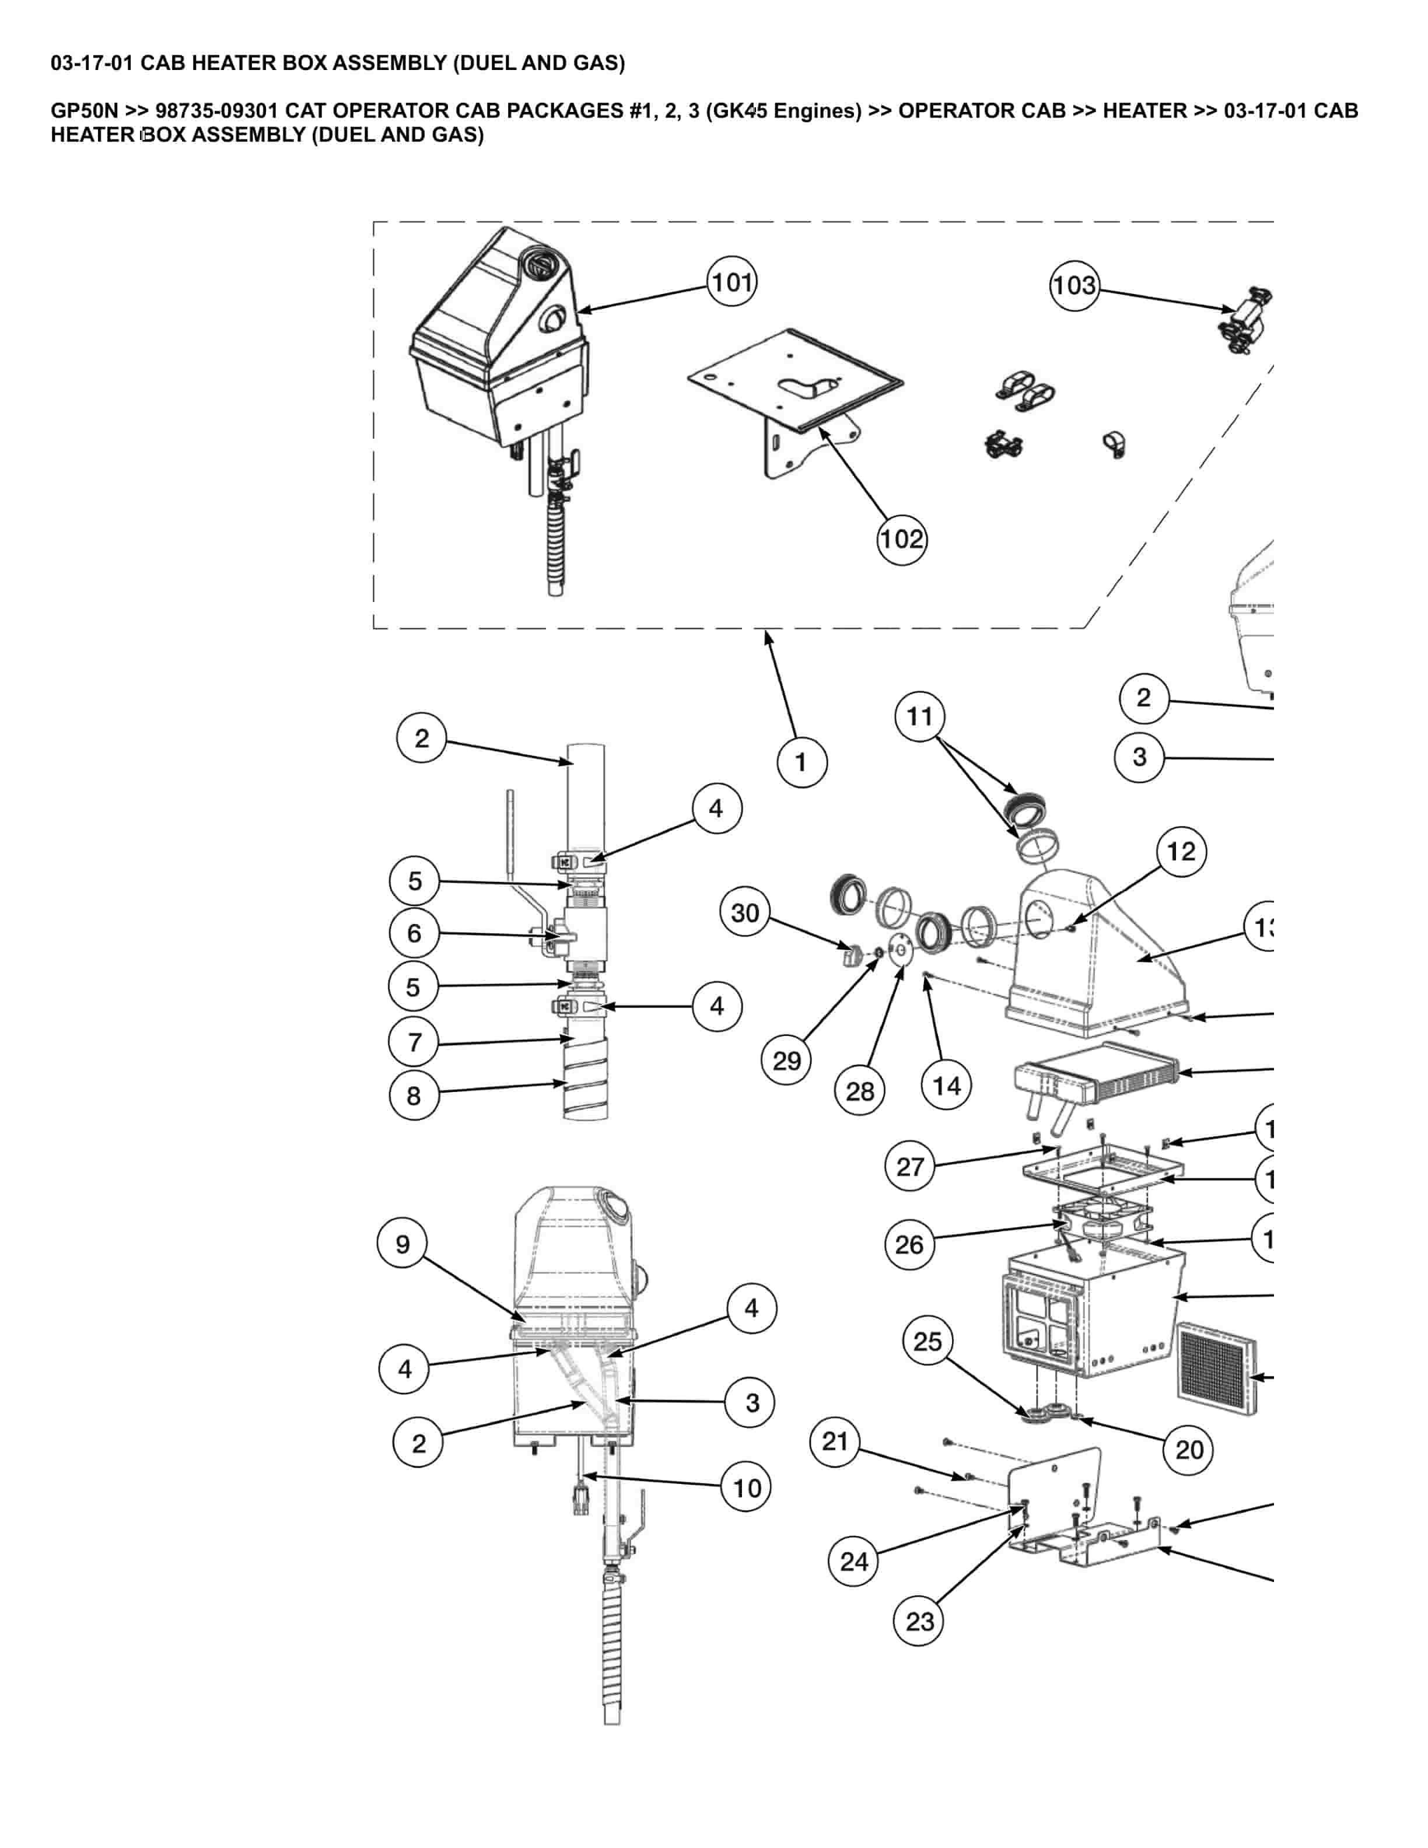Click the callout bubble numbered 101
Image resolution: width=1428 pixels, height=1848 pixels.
point(731,282)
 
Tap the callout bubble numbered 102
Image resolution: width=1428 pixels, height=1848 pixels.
point(901,539)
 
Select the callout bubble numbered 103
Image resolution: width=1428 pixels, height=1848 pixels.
point(1074,285)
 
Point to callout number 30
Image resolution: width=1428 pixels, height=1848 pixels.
point(744,913)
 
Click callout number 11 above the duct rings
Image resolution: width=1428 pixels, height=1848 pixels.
point(919,717)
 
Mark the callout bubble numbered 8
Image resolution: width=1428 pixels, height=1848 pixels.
point(414,1095)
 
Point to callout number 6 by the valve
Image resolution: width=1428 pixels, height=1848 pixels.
point(414,933)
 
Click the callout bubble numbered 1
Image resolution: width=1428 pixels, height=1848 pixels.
point(801,762)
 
